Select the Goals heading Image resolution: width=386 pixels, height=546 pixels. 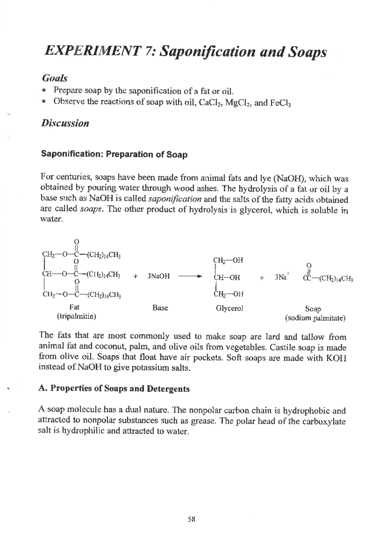55,78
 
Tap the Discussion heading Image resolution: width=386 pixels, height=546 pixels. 65,124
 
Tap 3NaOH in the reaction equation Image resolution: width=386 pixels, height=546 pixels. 158,276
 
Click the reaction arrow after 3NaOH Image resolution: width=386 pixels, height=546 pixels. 190,276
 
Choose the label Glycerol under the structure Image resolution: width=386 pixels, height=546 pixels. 229,309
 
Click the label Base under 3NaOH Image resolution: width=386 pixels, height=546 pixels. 160,308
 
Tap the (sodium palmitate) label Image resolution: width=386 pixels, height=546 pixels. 315,319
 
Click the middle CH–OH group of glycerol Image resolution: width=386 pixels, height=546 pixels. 227,277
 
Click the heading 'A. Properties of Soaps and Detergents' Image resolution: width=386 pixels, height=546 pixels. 114,389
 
